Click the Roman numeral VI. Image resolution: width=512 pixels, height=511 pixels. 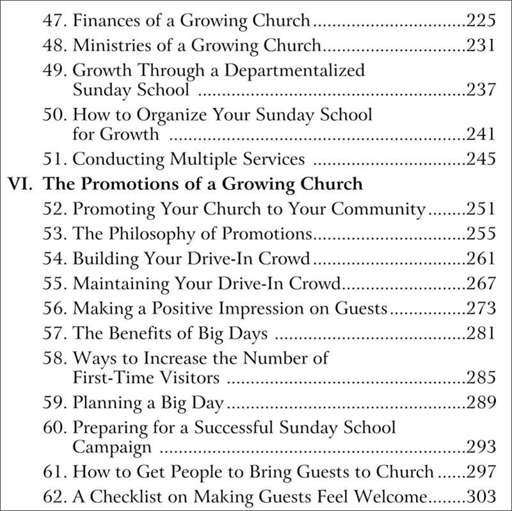tap(20, 184)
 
